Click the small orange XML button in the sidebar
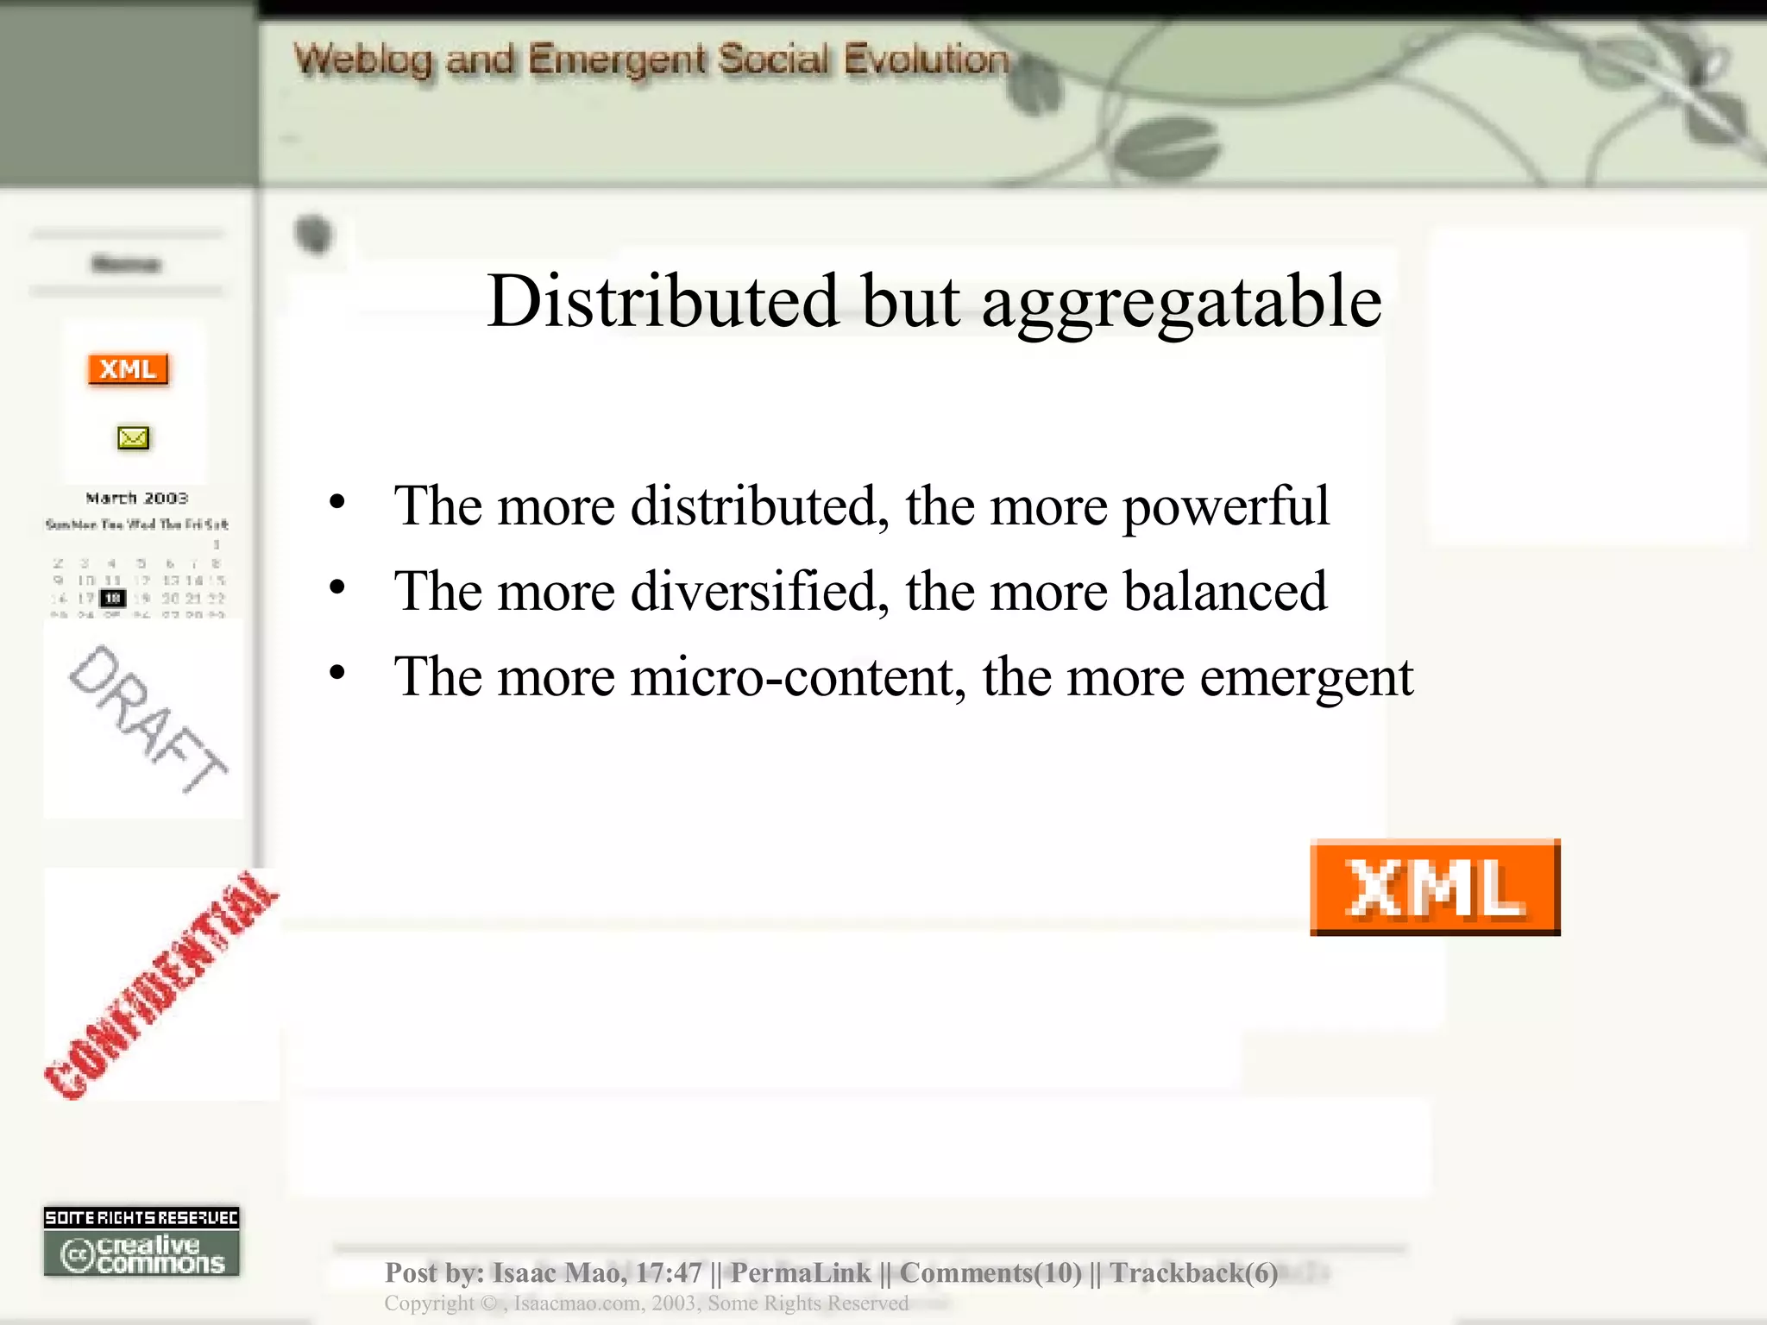[x=128, y=369]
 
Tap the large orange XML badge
[x=1435, y=888]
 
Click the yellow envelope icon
[x=133, y=438]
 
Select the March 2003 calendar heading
[x=136, y=498]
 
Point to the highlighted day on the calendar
[x=113, y=598]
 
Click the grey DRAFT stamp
[x=147, y=719]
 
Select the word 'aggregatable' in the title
[x=1181, y=302]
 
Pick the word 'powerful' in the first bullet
[x=1225, y=506]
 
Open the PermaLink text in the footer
[x=801, y=1272]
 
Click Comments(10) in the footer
[x=990, y=1272]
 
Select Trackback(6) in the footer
[x=1193, y=1272]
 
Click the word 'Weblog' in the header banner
[x=362, y=60]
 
